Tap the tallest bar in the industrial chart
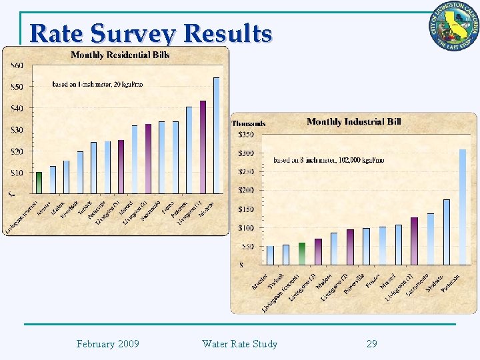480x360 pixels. point(463,207)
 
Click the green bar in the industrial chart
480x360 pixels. point(302,253)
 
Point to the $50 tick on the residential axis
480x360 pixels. point(17,87)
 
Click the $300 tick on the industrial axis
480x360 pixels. point(245,153)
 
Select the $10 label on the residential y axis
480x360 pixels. point(17,173)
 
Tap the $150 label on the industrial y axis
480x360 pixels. point(245,209)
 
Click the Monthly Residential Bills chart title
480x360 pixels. point(120,55)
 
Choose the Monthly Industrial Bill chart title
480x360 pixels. point(353,121)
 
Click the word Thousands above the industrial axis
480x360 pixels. point(249,123)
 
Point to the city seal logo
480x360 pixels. point(453,26)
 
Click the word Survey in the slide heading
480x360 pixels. point(134,33)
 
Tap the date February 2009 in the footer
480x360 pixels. point(107,344)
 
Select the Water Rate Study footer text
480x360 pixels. point(239,344)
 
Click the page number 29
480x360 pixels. point(372,344)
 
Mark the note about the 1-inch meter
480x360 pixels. point(97,84)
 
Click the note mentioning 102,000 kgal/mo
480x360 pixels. point(329,160)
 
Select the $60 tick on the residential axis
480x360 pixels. point(17,65)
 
